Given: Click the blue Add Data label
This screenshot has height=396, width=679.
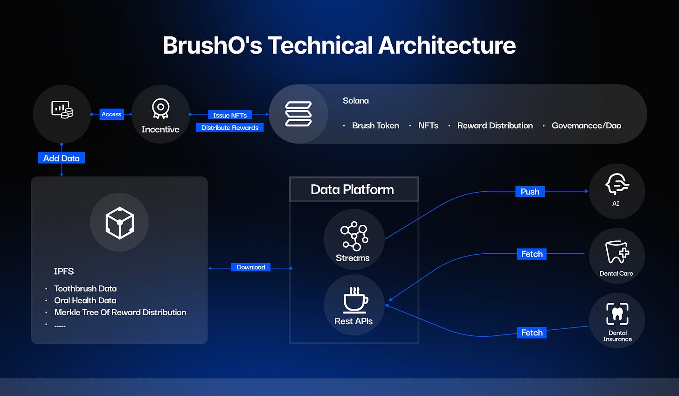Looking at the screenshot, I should click(61, 158).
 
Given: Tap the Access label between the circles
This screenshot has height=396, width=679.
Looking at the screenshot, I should click(111, 114).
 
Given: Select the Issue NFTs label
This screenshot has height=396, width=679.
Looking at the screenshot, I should click(230, 115).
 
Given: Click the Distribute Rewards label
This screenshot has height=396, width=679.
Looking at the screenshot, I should click(230, 128).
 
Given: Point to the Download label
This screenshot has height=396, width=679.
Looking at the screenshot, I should click(250, 267).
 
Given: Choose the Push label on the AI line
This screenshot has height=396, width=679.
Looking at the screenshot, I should click(530, 192).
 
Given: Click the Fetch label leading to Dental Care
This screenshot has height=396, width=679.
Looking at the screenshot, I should click(532, 254).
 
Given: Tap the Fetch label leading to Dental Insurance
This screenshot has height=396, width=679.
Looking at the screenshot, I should click(532, 333).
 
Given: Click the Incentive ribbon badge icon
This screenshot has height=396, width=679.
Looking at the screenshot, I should click(160, 108).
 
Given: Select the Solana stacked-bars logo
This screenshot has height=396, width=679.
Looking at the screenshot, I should click(298, 114).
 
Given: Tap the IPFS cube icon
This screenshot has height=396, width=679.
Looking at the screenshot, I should click(119, 222).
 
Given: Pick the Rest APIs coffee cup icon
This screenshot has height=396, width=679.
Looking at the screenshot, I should click(355, 299).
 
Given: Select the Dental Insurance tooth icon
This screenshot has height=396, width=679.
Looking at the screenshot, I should click(617, 314).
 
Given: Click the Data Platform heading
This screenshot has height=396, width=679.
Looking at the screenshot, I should click(352, 189).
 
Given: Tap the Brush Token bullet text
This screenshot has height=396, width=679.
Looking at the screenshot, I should click(375, 125).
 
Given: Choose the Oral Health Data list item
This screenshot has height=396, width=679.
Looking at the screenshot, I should click(85, 300).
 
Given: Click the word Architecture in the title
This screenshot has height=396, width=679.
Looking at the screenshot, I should click(447, 46).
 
